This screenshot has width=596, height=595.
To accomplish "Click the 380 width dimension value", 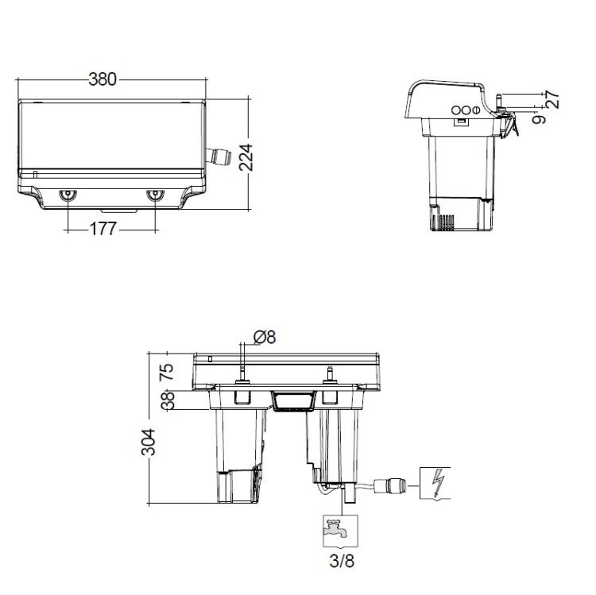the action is point(103,79).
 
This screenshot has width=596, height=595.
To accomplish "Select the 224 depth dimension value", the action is point(246,157).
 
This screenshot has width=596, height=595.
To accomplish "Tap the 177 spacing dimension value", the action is point(103,229).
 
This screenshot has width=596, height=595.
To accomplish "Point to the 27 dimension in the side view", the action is point(553,99).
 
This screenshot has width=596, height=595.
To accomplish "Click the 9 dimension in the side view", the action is point(539,120).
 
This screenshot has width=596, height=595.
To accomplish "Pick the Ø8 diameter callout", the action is point(265,337).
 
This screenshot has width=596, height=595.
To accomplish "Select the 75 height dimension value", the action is point(167,372).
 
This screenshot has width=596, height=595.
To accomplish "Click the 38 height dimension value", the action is point(168,400).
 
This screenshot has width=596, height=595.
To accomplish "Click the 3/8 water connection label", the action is point(342,561).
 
